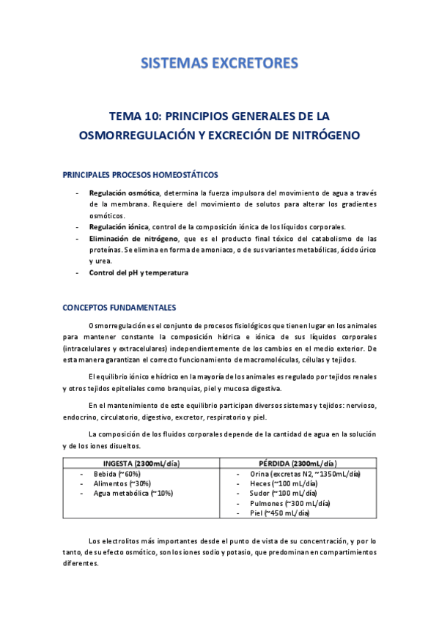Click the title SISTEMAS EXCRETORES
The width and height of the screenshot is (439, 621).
(x=219, y=63)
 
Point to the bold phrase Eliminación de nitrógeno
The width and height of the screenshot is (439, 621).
(x=133, y=239)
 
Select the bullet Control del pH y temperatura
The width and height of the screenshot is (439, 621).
(x=139, y=273)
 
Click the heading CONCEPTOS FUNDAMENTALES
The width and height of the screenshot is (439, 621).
(x=119, y=307)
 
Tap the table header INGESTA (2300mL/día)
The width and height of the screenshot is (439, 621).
(x=140, y=464)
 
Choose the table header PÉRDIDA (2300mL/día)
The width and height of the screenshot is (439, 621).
(x=298, y=464)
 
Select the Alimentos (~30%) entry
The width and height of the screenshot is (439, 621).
(x=122, y=483)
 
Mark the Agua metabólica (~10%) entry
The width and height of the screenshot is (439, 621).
(x=133, y=494)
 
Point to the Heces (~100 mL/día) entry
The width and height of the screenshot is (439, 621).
(x=284, y=483)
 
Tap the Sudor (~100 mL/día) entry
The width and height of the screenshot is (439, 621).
(x=284, y=494)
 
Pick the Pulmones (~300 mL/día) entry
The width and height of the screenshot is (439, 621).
(x=290, y=504)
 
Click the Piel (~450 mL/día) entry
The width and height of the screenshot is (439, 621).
(x=281, y=513)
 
